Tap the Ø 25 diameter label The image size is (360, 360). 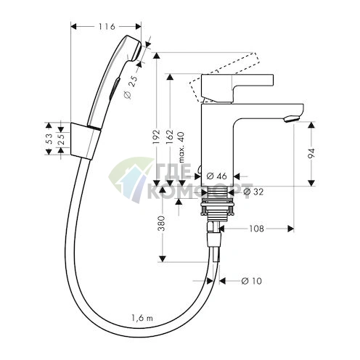132,88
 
